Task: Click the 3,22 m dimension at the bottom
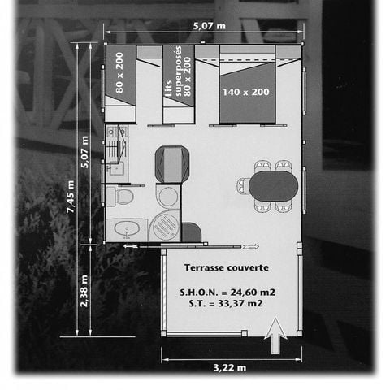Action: tap(230, 367)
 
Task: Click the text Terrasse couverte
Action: tap(226, 267)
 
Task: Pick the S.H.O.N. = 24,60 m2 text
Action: tap(226, 290)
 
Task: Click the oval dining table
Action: tap(271, 186)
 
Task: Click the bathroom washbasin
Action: tap(126, 230)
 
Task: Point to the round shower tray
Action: tap(165, 224)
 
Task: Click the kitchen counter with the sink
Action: tap(115, 150)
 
